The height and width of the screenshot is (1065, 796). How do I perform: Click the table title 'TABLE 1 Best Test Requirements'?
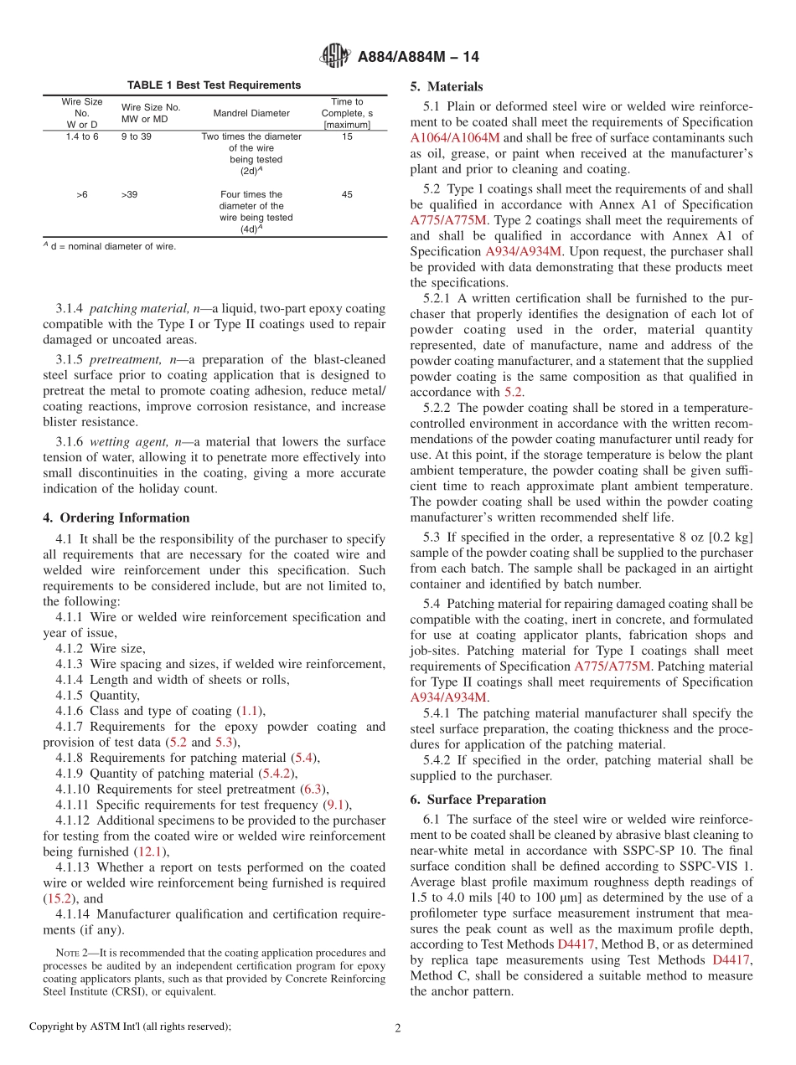pos(214,85)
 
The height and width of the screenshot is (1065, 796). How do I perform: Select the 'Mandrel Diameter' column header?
pos(251,113)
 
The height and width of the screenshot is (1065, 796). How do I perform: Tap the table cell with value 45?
pos(347,194)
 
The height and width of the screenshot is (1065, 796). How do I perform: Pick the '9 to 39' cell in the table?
pos(137,136)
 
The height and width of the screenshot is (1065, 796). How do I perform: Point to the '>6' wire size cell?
pos(82,194)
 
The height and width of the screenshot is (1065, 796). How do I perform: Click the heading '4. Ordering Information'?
pos(116,517)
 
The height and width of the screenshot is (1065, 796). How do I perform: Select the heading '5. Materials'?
pos(447,86)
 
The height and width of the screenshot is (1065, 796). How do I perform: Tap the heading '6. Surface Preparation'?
pos(478,799)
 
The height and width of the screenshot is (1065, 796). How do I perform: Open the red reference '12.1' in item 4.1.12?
pos(151,851)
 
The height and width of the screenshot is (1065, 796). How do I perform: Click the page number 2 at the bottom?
pos(398,1026)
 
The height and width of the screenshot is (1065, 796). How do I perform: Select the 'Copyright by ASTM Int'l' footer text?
pos(130,1026)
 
